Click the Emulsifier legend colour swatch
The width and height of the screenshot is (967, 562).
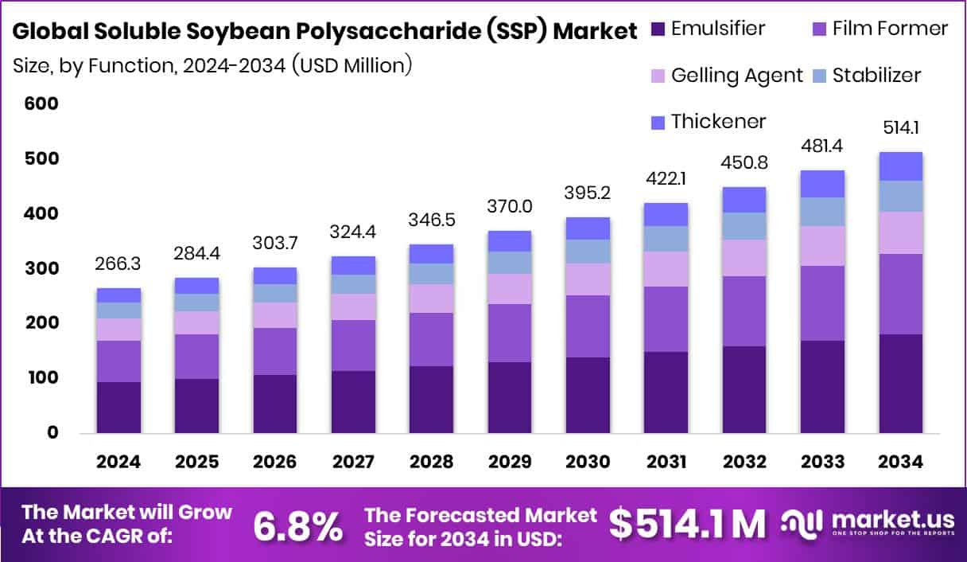657,29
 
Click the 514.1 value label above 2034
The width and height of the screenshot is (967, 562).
901,128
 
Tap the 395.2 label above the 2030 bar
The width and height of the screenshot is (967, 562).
588,193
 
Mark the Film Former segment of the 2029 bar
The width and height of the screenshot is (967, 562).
510,333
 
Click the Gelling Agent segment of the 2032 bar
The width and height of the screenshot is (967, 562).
744,258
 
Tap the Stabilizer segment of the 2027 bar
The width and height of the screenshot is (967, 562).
354,284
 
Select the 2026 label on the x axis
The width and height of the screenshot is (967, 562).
275,462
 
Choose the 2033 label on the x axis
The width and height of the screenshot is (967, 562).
822,462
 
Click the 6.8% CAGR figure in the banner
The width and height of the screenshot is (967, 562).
298,525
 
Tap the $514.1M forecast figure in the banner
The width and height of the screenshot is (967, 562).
687,524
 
